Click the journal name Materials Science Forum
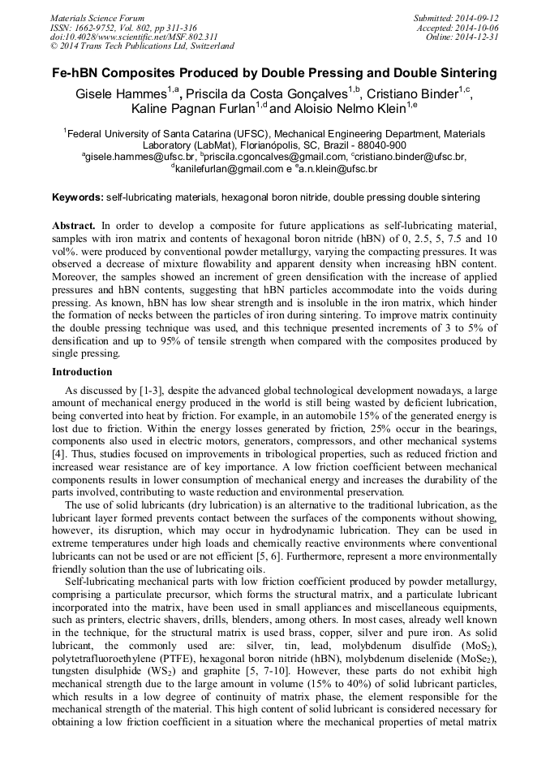pyautogui.click(x=97, y=18)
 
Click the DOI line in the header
pyautogui.click(x=134, y=37)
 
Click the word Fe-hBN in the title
pyautogui.click(x=79, y=73)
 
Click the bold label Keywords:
pyautogui.click(x=78, y=197)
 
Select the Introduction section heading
pyautogui.click(x=82, y=372)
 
